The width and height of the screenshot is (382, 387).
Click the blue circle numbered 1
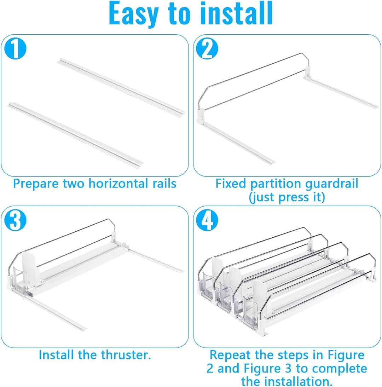click(15, 48)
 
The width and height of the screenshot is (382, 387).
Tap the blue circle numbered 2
click(207, 48)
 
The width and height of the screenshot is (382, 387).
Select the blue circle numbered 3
click(15, 220)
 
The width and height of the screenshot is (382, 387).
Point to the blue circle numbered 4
click(207, 220)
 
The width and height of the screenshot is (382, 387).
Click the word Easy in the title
click(133, 14)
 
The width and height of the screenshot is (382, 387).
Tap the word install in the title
click(236, 13)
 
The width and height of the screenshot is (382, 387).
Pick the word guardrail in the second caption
click(331, 184)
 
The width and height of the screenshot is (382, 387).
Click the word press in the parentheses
click(294, 197)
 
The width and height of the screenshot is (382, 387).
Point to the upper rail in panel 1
click(121, 86)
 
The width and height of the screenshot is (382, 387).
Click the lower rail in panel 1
click(75, 135)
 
